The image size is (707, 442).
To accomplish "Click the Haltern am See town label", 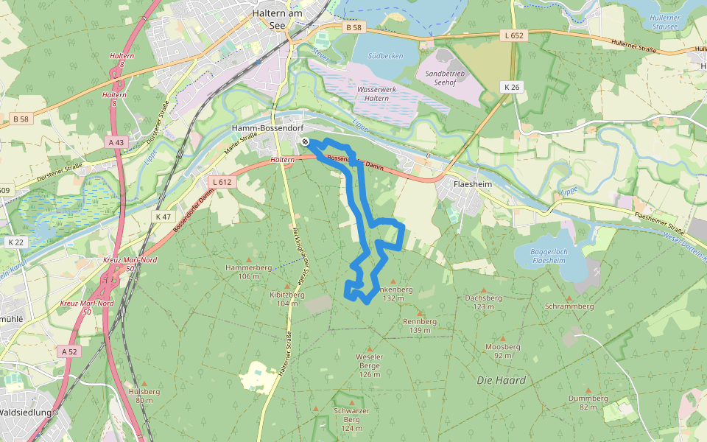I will pos(277,18).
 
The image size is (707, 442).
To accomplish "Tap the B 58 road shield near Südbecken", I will pos(353,27).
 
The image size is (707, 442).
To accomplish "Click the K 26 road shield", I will pos(512,87).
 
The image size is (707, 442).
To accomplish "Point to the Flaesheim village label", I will pos(473,184).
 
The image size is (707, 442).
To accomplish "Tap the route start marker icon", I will pos(305,141).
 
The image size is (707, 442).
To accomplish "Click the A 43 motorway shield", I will pos(116,142).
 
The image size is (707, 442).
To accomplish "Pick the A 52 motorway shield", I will pos(69,351).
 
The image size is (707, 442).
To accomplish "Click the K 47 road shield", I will pos(163,217).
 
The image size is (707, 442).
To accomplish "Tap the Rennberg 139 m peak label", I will pos(420,326).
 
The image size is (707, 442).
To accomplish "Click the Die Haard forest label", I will pos(501,380).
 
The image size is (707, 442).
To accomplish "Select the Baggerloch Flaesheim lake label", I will pos(549,256).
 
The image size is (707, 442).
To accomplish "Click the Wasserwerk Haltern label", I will pos(362,94).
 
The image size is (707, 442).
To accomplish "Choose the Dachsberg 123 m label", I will pos(483,302).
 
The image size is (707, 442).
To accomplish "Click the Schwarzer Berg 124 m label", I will pos(351,418).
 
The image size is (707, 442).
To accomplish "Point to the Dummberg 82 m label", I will pos(588,402).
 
